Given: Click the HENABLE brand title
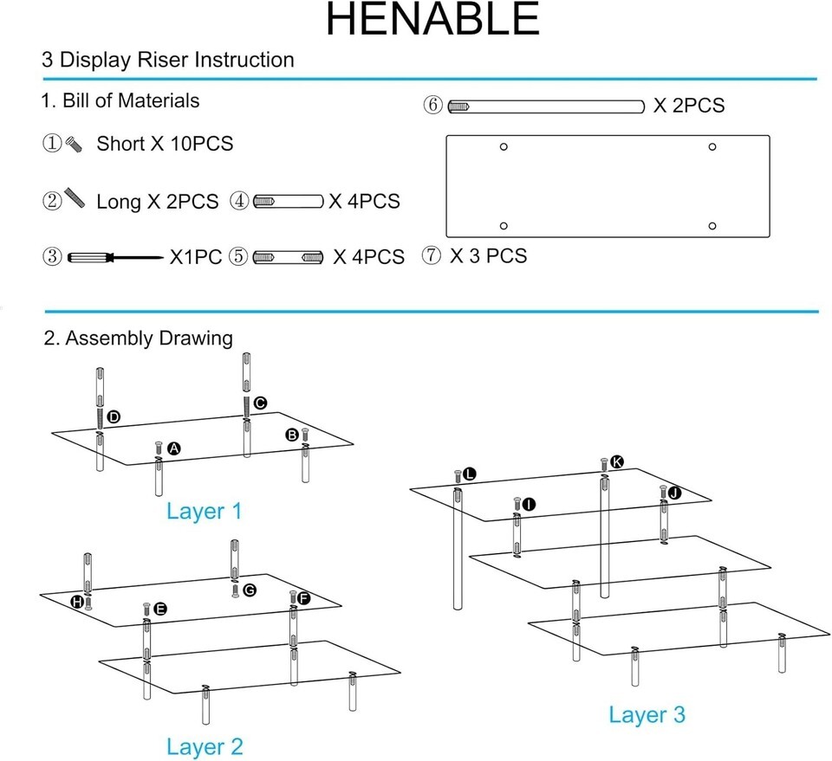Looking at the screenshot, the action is pyautogui.click(x=432, y=20).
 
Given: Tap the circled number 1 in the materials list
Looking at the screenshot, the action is pyautogui.click(x=52, y=143).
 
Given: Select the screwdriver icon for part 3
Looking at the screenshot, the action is pyautogui.click(x=115, y=257).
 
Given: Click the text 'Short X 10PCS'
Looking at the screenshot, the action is pyautogui.click(x=165, y=144).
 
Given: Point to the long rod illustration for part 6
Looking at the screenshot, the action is pyautogui.click(x=546, y=106).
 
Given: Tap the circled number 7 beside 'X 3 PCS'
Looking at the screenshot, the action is pyautogui.click(x=431, y=255).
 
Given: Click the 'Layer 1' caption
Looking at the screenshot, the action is pyautogui.click(x=205, y=511).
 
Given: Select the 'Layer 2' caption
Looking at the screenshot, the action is pyautogui.click(x=205, y=746).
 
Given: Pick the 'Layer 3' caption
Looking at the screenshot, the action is pyautogui.click(x=647, y=714).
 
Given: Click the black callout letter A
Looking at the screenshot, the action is pyautogui.click(x=174, y=448).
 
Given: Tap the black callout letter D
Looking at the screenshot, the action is pyautogui.click(x=114, y=417).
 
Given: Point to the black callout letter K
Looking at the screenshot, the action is pyautogui.click(x=616, y=461).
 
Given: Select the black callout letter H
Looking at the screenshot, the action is pyautogui.click(x=77, y=602).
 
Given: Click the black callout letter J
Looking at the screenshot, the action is pyautogui.click(x=674, y=493).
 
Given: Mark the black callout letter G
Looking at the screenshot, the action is pyautogui.click(x=250, y=590).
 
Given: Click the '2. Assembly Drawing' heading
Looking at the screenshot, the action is pyautogui.click(x=138, y=339).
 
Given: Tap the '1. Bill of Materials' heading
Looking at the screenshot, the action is pyautogui.click(x=120, y=100).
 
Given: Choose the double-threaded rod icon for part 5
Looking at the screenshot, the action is pyautogui.click(x=288, y=257).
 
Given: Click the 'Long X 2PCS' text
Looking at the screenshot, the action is pyautogui.click(x=157, y=202).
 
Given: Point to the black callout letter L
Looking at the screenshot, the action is pyautogui.click(x=469, y=474).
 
